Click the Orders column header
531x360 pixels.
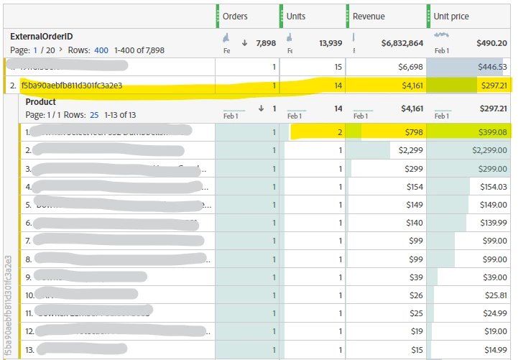(235, 16)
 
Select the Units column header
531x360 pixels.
(295, 16)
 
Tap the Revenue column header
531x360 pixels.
(368, 16)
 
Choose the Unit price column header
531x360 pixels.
(451, 16)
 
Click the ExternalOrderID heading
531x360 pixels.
(42, 36)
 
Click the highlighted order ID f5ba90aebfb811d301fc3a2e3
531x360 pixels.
(72, 86)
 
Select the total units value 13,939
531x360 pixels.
(330, 43)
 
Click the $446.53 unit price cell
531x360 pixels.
(492, 67)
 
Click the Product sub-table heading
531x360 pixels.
(40, 102)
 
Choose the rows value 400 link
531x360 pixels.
(101, 50)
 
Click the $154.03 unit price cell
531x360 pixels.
(492, 187)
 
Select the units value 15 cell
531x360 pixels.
(337, 67)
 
